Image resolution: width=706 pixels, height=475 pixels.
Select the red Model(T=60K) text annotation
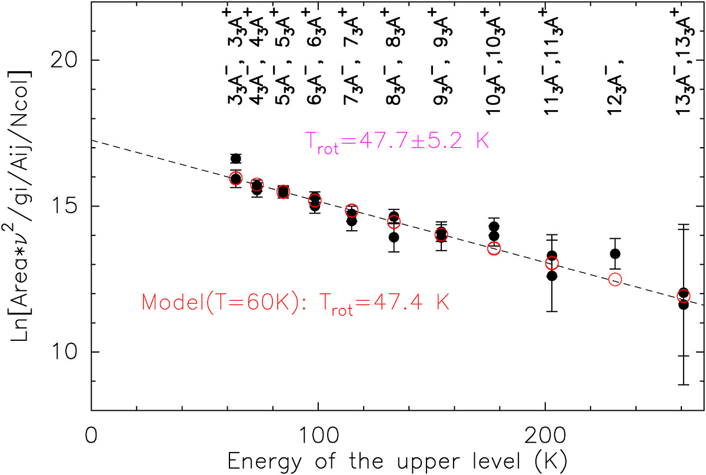295,303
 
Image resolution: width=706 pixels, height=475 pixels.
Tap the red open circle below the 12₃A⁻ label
615,280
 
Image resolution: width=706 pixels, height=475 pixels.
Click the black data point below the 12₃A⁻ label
615,254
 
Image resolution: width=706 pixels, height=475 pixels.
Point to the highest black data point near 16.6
235,158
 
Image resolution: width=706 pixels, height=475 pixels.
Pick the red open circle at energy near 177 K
494,248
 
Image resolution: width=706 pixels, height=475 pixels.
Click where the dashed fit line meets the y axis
92,141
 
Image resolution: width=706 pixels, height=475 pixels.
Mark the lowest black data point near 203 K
551,275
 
